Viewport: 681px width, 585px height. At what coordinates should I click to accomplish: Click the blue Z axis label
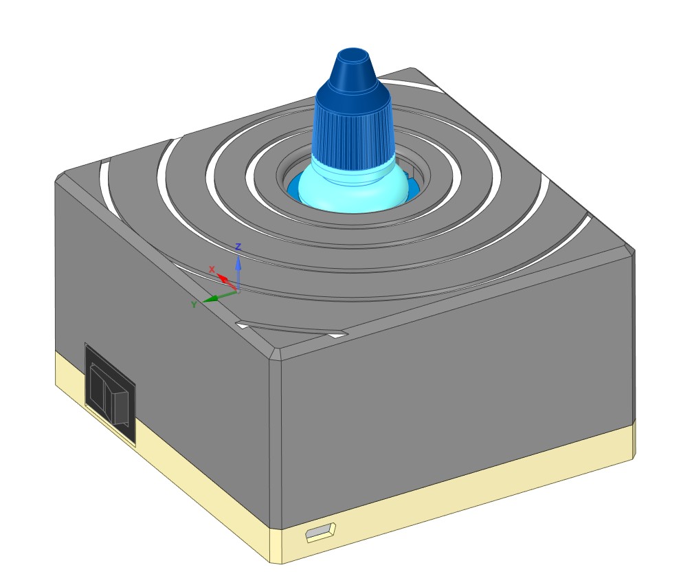238,246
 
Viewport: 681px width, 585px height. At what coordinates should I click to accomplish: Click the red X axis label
212,269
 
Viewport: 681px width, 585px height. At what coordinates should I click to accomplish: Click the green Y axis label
194,304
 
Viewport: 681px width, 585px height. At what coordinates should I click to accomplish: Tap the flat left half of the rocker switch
98,390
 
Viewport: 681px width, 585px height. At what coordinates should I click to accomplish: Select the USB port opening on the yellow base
320,531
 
